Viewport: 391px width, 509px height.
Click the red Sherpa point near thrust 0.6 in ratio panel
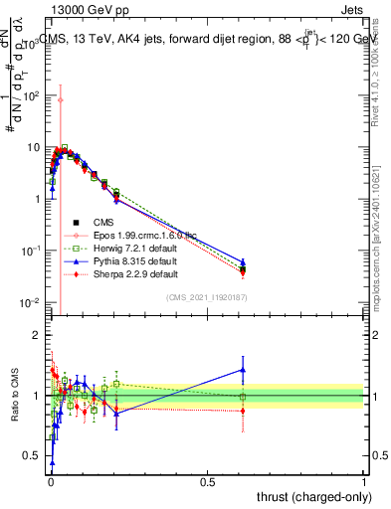click(243, 411)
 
